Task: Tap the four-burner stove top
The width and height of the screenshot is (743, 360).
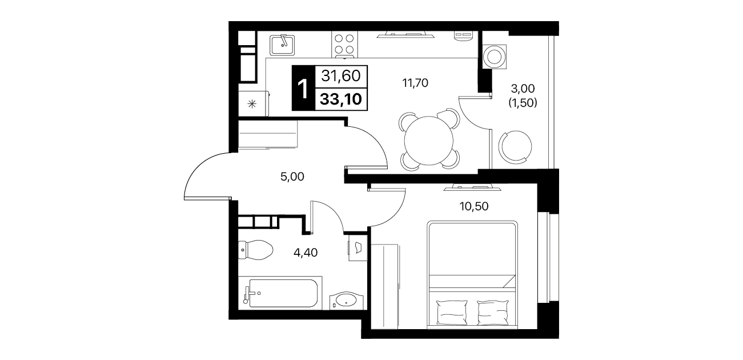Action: pyautogui.click(x=344, y=45)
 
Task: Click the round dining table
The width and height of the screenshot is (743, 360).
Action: pyautogui.click(x=428, y=141)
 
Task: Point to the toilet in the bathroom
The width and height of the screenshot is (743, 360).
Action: pyautogui.click(x=255, y=250)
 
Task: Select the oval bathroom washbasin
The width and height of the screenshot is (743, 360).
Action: pyautogui.click(x=346, y=301)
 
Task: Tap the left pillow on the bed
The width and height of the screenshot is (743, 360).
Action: pyautogui.click(x=452, y=312)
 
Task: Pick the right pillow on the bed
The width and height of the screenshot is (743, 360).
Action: pyautogui.click(x=492, y=312)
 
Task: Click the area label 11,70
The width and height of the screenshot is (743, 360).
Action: pyautogui.click(x=415, y=83)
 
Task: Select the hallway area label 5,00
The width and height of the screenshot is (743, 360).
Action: pyautogui.click(x=292, y=177)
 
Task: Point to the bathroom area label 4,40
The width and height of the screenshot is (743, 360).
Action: pyautogui.click(x=306, y=253)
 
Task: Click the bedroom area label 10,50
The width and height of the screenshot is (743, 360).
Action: pyautogui.click(x=474, y=206)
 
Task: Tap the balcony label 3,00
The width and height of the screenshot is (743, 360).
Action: pyautogui.click(x=523, y=89)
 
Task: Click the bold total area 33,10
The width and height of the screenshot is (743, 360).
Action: pyautogui.click(x=340, y=99)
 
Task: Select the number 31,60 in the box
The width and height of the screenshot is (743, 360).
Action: pyautogui.click(x=340, y=76)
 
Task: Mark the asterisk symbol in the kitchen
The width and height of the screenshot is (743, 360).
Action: pyautogui.click(x=252, y=104)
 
